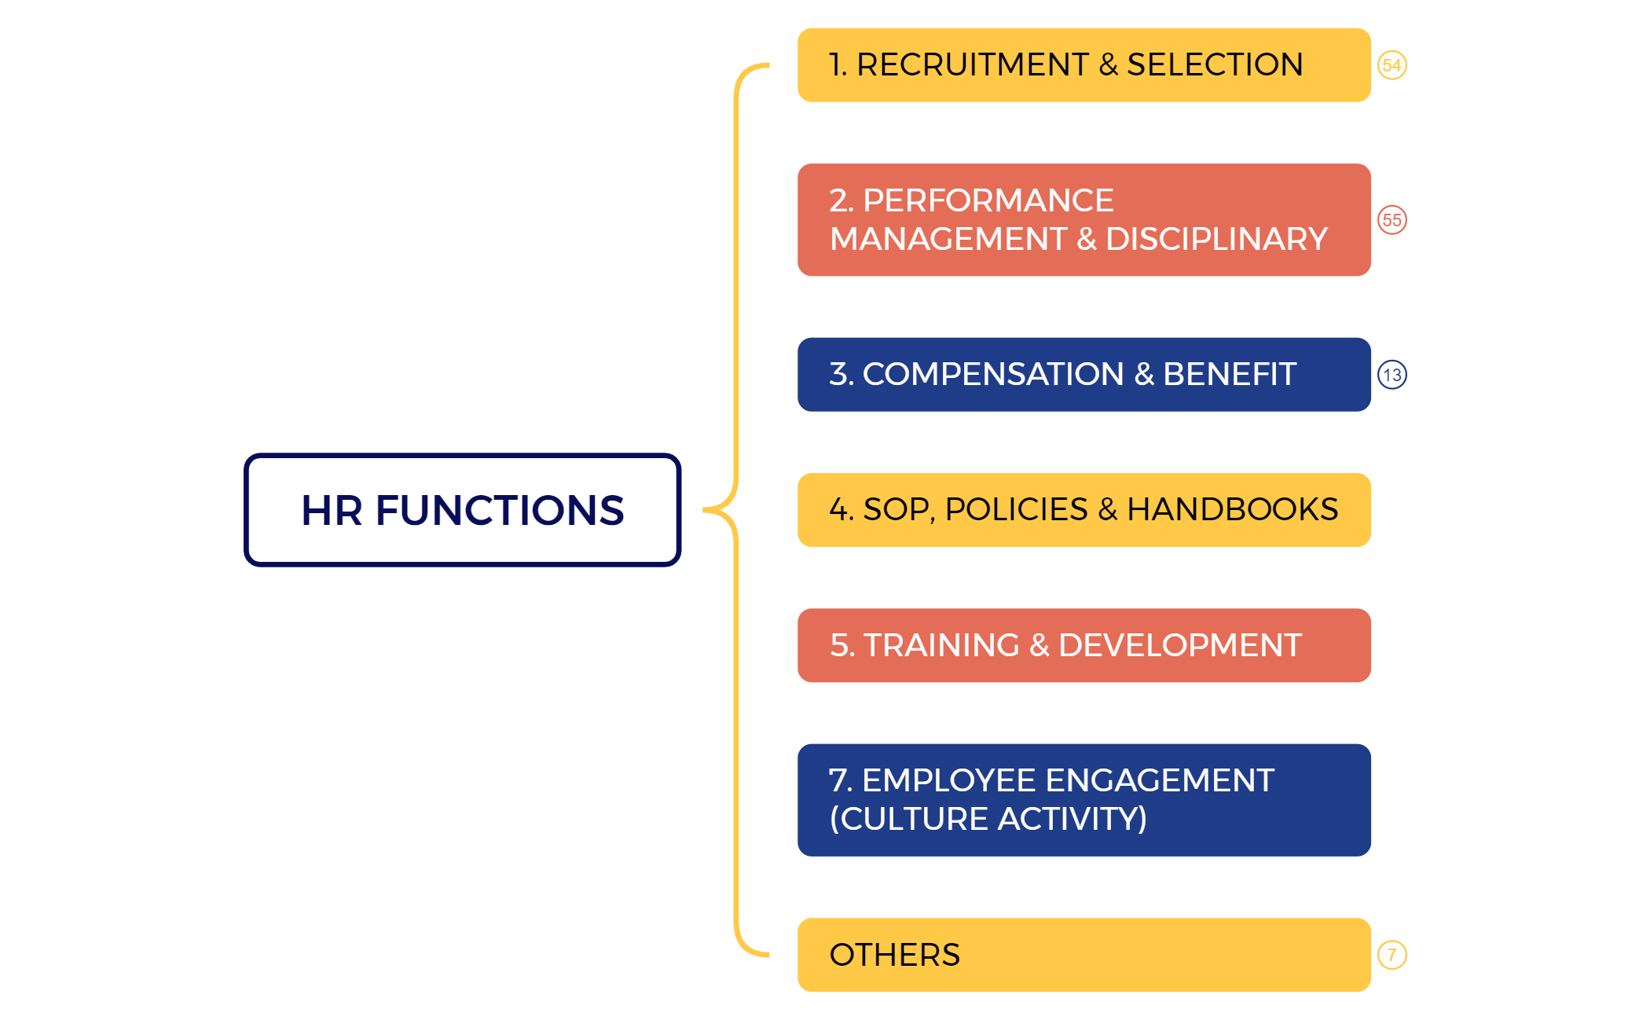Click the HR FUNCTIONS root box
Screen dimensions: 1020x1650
tap(462, 509)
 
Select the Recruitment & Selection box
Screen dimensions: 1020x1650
tap(1083, 65)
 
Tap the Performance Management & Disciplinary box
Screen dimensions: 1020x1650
tap(1083, 219)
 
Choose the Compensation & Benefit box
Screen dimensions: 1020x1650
tap(1083, 374)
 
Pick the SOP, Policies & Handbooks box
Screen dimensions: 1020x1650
tap(1083, 509)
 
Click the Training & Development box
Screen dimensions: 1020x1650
tap(1083, 645)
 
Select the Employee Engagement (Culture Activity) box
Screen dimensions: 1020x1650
tap(1083, 799)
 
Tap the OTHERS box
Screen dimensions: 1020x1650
tap(1083, 954)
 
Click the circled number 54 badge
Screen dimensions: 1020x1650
tap(1391, 65)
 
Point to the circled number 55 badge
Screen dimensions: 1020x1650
tap(1391, 220)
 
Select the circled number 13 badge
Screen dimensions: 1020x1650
tap(1391, 375)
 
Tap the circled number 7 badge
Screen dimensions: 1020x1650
tap(1391, 955)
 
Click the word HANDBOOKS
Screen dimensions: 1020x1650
tap(1232, 509)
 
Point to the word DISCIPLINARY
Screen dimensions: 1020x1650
tap(1216, 239)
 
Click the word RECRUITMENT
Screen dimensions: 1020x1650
tap(972, 64)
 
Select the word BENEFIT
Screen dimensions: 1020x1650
tap(1229, 374)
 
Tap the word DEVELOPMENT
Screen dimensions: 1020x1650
tap(1179, 645)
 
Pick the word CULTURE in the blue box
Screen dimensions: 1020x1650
tap(909, 819)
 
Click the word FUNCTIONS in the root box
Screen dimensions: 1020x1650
tap(500, 510)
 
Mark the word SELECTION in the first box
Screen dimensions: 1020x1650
tap(1215, 64)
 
